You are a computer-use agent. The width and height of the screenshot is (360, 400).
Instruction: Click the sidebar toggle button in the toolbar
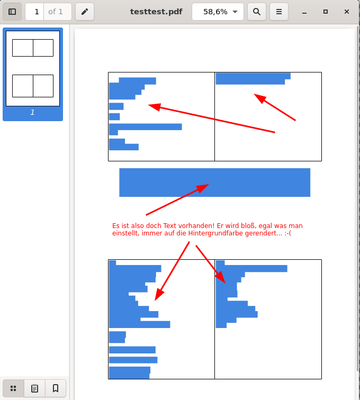pyautogui.click(x=12, y=12)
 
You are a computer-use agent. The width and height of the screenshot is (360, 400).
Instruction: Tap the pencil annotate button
pyautogui.click(x=85, y=12)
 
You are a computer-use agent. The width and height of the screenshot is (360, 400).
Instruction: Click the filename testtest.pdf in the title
pyautogui.click(x=156, y=12)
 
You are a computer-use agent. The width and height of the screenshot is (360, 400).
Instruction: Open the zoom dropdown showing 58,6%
pyautogui.click(x=218, y=12)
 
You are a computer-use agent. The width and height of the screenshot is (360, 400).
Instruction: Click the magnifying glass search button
pyautogui.click(x=257, y=12)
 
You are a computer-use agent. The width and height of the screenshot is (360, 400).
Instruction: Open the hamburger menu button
pyautogui.click(x=279, y=12)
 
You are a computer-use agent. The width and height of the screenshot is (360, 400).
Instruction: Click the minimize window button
pyautogui.click(x=304, y=12)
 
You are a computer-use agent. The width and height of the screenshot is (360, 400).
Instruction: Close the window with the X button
pyautogui.click(x=346, y=12)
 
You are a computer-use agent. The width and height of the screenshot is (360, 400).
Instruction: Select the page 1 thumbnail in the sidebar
pyautogui.click(x=33, y=68)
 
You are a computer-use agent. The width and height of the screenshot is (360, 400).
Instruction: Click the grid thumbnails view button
pyautogui.click(x=13, y=388)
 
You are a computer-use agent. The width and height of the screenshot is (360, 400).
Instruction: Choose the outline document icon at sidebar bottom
pyautogui.click(x=34, y=388)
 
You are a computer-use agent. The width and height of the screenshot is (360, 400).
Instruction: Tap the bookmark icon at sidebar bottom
pyautogui.click(x=56, y=388)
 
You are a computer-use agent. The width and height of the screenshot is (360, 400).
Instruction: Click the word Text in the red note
pyautogui.click(x=170, y=226)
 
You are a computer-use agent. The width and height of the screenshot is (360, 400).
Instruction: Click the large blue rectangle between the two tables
pyautogui.click(x=215, y=183)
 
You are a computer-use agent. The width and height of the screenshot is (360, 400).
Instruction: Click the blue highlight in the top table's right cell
pyautogui.click(x=253, y=78)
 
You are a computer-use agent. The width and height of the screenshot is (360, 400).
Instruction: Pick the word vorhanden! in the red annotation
pyautogui.click(x=196, y=226)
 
